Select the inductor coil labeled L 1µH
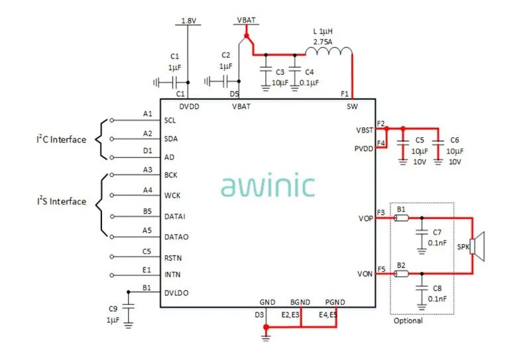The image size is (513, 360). [327, 52]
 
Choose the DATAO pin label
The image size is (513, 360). [176, 237]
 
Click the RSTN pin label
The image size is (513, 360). [173, 258]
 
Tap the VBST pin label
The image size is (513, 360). [365, 130]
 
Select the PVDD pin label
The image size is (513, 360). [365, 148]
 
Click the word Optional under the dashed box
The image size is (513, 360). [408, 321]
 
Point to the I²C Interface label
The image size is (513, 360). [61, 139]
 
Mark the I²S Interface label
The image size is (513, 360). [61, 202]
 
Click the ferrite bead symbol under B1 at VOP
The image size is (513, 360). [401, 218]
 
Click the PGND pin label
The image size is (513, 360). [335, 302]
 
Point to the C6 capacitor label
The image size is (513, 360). [454, 141]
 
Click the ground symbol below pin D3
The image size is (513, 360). [266, 338]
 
